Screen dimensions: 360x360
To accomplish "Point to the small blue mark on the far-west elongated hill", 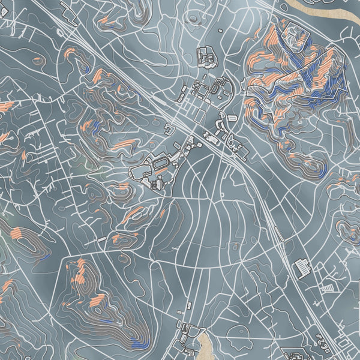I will (x=45, y=257).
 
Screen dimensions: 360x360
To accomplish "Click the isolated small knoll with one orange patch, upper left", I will (x=38, y=60).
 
